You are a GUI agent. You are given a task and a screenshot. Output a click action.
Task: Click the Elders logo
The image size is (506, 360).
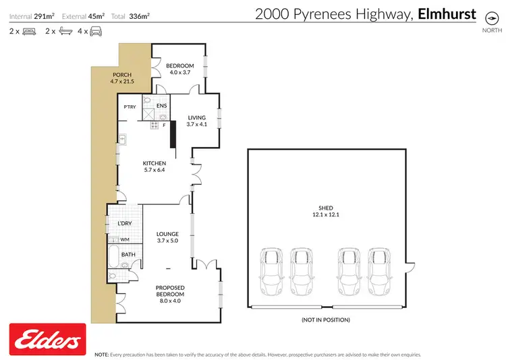47,338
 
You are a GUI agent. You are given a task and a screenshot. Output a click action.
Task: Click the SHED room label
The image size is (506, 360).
327,208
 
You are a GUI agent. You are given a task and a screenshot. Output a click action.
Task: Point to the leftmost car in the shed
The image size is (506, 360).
272,270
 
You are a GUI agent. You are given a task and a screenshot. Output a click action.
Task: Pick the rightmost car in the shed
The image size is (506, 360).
381,270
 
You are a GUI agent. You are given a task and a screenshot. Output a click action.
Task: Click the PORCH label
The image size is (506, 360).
121,75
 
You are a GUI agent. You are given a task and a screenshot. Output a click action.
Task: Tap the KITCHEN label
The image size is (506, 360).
154,163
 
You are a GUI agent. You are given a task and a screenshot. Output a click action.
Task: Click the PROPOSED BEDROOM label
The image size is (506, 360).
170,291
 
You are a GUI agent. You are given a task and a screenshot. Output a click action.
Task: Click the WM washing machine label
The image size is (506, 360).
124,239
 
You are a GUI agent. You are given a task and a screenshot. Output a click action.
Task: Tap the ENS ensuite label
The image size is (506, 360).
162,106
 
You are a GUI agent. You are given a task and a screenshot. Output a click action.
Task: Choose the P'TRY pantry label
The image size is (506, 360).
130,107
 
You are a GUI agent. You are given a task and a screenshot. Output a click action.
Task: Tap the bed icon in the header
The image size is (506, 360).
30,31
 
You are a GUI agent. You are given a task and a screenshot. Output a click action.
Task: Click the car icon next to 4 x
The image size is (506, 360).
96,31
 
